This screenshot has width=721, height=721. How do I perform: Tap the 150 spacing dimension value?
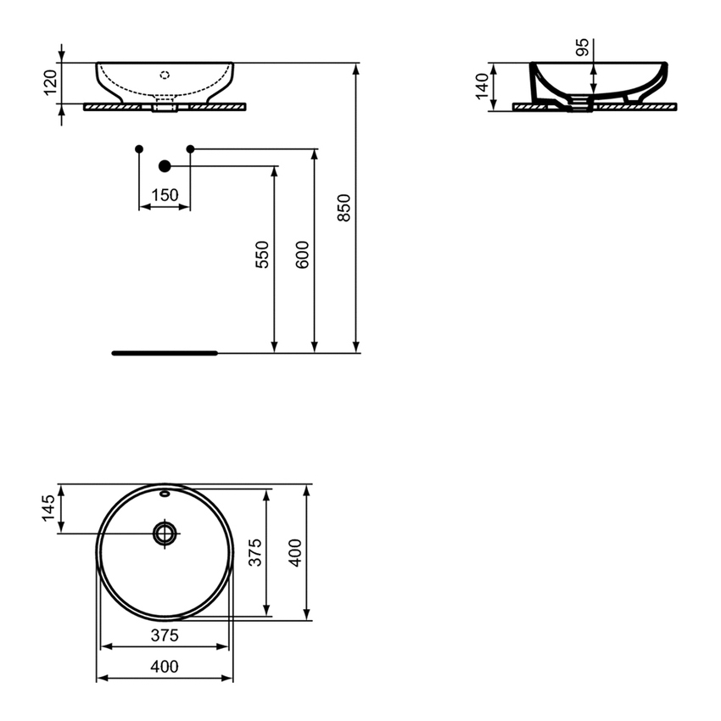pyautogui.click(x=165, y=195)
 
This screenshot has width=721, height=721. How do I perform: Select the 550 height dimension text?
pyautogui.click(x=262, y=255)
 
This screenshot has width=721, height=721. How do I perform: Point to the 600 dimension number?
pyautogui.click(x=303, y=255)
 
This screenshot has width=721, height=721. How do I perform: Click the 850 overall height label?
pyautogui.click(x=344, y=207)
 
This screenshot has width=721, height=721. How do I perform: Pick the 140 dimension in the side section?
pyautogui.click(x=482, y=85)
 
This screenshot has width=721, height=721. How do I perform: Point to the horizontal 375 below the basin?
pyautogui.click(x=165, y=635)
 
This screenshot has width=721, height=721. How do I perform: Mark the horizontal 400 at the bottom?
pyautogui.click(x=165, y=667)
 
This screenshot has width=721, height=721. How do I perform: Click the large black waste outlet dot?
pyautogui.click(x=165, y=166)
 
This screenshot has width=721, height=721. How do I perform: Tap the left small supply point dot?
pyautogui.click(x=139, y=149)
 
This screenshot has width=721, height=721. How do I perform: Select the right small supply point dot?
pyautogui.click(x=190, y=149)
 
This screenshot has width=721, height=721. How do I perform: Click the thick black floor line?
pyautogui.click(x=165, y=352)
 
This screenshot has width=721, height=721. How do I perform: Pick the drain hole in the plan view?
pyautogui.click(x=165, y=534)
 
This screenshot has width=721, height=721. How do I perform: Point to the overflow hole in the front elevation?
pyautogui.click(x=165, y=74)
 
